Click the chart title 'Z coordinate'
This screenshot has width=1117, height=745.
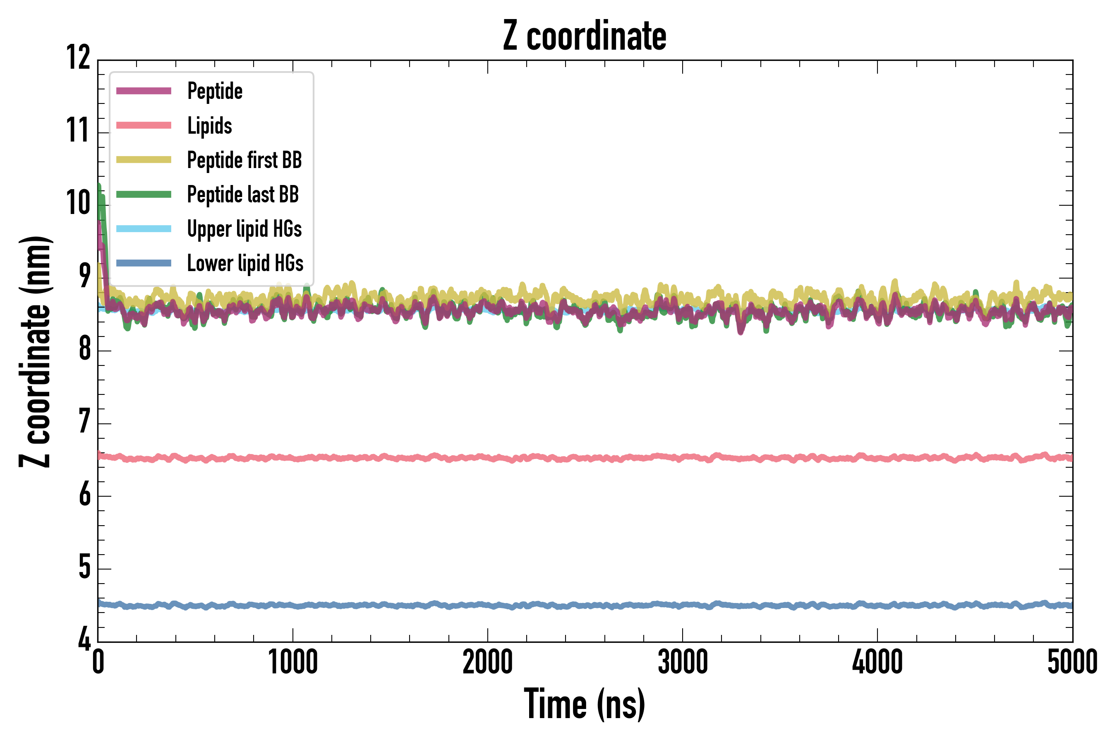[585, 36]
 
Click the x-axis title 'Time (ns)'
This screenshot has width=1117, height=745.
[585, 704]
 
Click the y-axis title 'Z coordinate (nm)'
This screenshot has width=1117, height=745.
[35, 351]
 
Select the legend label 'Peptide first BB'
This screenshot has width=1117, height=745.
[244, 160]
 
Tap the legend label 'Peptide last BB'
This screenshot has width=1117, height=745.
[243, 195]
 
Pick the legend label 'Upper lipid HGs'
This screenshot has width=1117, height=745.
[244, 228]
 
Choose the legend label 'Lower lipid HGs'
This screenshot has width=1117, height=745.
[245, 263]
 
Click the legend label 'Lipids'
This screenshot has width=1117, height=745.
[209, 125]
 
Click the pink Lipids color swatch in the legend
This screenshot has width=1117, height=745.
[144, 125]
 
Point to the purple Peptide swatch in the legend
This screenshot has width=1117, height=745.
[144, 91]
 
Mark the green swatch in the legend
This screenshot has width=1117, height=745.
[144, 195]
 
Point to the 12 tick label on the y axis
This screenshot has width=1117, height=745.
[78, 58]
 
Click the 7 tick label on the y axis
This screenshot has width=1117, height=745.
[84, 421]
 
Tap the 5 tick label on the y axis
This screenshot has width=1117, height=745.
[84, 567]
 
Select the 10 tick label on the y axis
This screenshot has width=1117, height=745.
[78, 203]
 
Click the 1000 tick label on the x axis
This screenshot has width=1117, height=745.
[292, 662]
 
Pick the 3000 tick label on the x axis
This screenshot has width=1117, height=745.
[683, 662]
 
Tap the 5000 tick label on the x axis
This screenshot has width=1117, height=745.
[1072, 662]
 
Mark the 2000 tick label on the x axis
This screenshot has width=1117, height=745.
[488, 662]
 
